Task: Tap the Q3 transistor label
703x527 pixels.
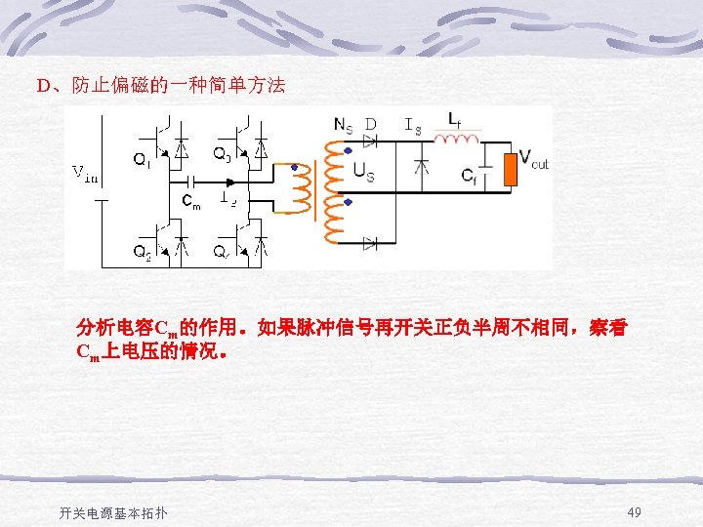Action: [222, 153]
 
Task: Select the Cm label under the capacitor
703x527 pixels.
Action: [192, 202]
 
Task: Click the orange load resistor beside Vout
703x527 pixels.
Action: [510, 168]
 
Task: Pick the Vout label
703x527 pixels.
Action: [533, 158]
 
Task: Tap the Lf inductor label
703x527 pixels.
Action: [455, 119]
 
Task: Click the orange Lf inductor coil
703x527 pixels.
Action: [456, 140]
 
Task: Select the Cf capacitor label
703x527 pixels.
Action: [471, 175]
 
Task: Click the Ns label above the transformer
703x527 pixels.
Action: [344, 124]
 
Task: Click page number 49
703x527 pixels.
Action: [635, 512]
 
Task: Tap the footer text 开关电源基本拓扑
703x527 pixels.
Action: [113, 513]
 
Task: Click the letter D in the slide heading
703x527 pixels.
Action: [43, 86]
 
